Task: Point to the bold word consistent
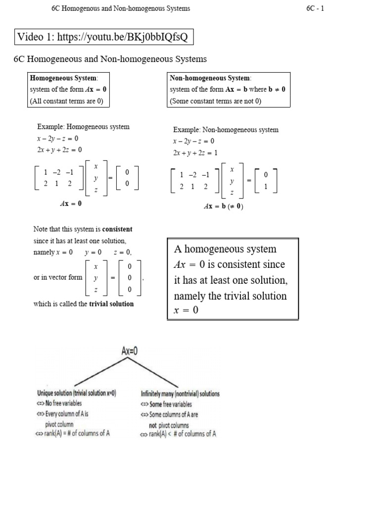click(117, 230)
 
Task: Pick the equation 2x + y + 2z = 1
click(195, 153)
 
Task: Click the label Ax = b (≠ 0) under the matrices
click(224, 207)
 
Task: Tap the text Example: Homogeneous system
click(83, 127)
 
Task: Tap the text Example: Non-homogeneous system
click(226, 130)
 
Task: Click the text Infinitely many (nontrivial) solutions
click(180, 394)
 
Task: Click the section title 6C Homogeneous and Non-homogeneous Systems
click(110, 59)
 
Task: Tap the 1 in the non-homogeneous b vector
click(266, 187)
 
